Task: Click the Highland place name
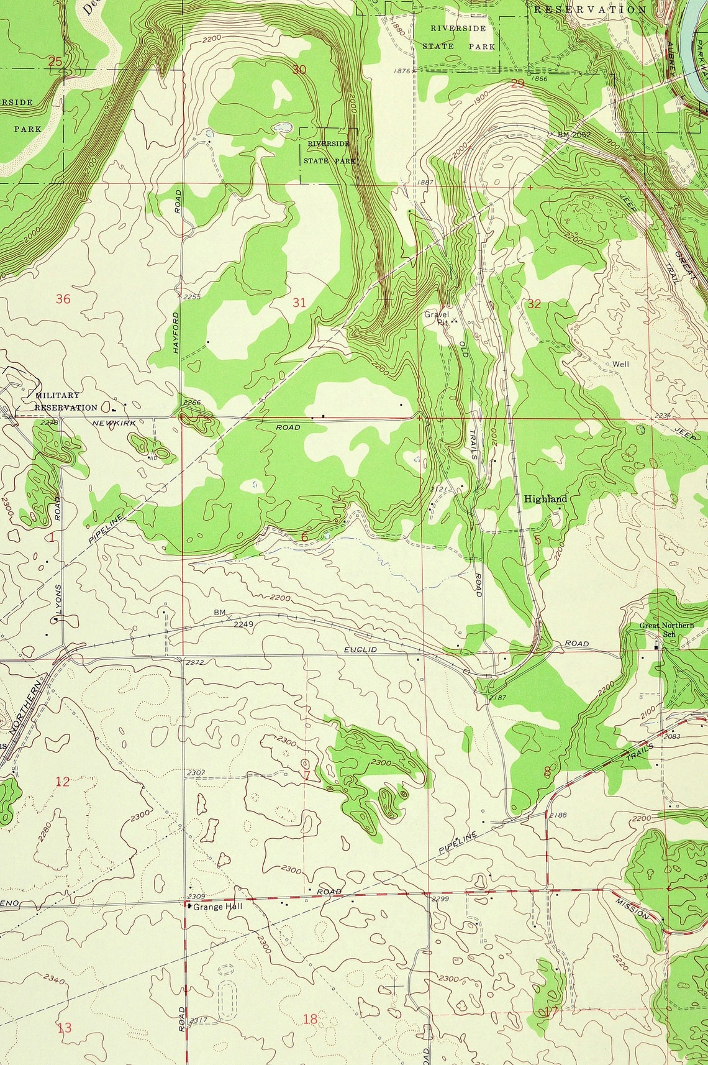pos(545,499)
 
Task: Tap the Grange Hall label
pos(217,907)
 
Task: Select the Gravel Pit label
pos(437,318)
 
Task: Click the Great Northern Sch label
pos(666,629)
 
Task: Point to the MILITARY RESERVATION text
pos(65,401)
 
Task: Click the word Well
pos(620,364)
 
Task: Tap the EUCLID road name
pos(360,649)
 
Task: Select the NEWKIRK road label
pos(114,423)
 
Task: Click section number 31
pos(299,303)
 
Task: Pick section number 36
pos(63,299)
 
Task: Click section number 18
pos(310,1018)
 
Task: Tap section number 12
pos(63,782)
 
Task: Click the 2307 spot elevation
pos(196,773)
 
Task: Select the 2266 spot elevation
pos(192,403)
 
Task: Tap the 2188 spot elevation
pos(558,815)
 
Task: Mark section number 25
pos(55,61)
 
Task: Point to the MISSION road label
pos(632,908)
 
